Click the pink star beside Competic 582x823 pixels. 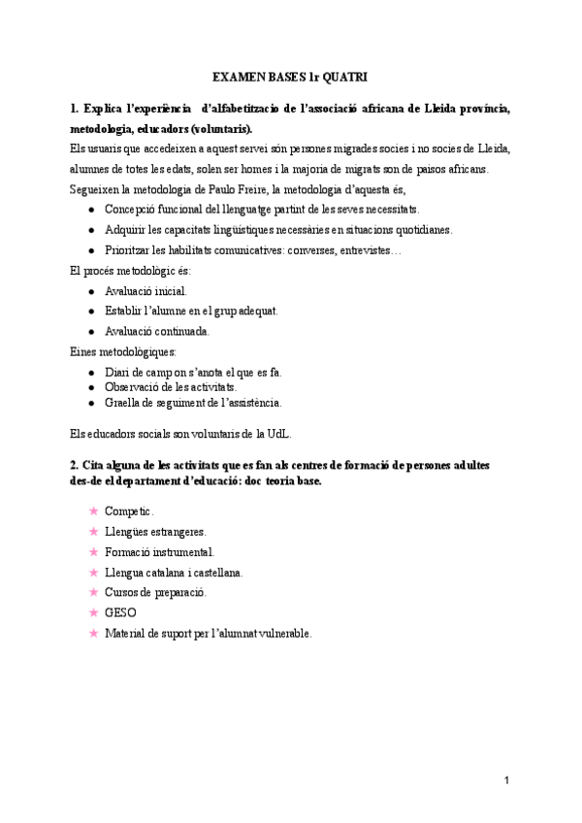(92, 510)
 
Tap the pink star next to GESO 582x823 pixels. (92, 612)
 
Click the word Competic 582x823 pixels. (129, 510)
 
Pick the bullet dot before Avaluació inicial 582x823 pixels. (91, 290)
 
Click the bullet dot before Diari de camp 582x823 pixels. (91, 373)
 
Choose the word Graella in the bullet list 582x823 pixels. (124, 402)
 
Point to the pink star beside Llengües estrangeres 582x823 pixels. (92, 531)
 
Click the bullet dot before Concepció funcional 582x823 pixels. (91, 210)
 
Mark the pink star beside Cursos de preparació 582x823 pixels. (92, 592)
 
